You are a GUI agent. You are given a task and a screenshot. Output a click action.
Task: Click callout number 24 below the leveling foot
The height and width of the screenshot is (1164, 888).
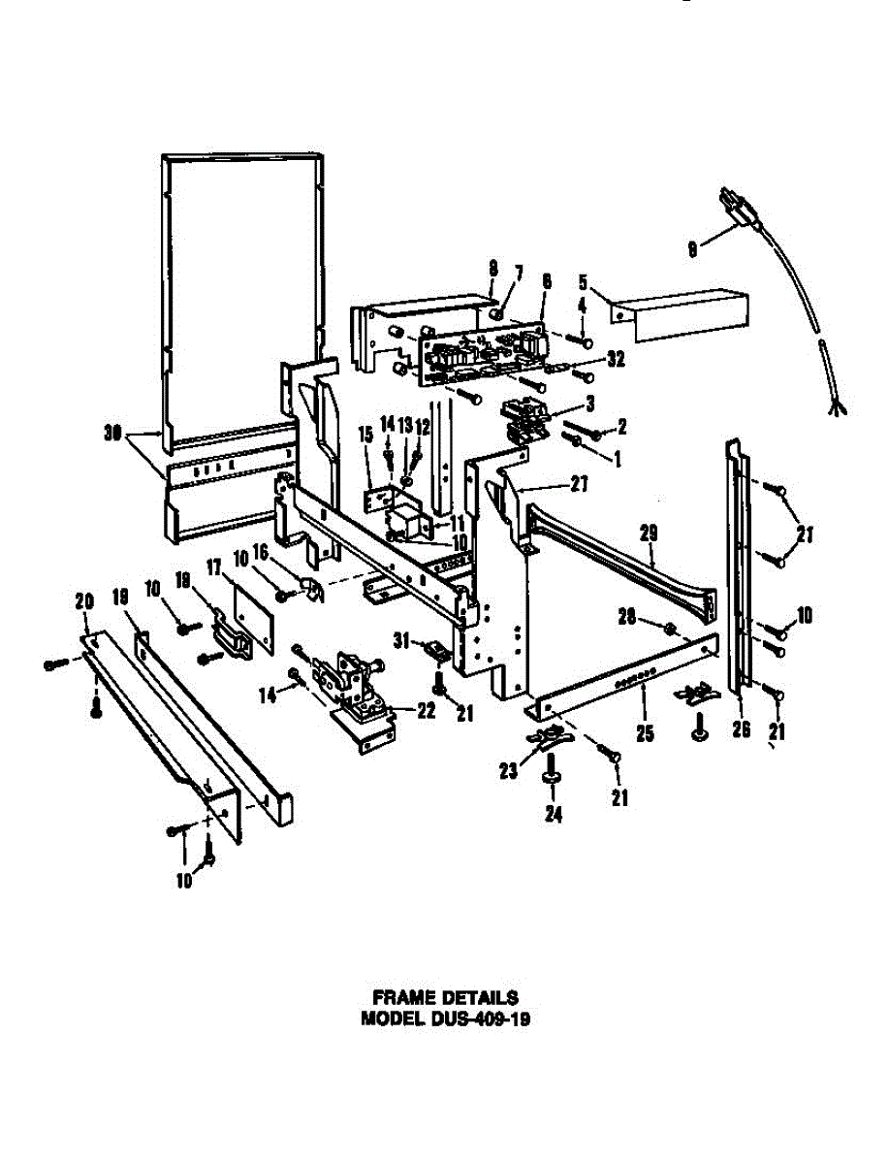[552, 816]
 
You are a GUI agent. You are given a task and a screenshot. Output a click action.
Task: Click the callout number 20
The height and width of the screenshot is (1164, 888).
[82, 602]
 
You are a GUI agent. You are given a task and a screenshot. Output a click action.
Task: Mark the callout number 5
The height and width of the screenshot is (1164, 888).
[584, 283]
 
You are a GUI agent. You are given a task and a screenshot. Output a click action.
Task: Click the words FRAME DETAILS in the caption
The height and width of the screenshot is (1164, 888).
[445, 996]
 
